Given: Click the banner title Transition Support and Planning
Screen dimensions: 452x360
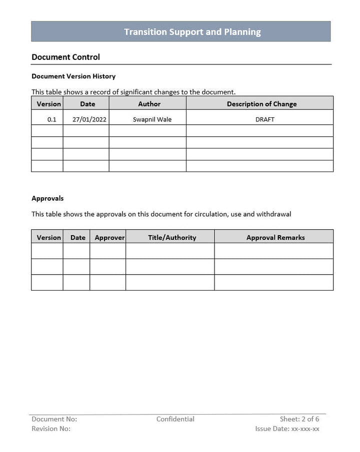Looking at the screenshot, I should [x=192, y=32].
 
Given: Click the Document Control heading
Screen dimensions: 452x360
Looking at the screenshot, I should [x=65, y=57].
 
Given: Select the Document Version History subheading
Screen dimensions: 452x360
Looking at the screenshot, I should [x=73, y=76].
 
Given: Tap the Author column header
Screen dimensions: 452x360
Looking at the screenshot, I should [x=149, y=104].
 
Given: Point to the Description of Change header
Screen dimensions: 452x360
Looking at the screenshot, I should [x=261, y=104].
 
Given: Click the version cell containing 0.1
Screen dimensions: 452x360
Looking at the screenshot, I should [x=52, y=119].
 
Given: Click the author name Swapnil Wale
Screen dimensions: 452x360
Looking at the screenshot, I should [x=152, y=119].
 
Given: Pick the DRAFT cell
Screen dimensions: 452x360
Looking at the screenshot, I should [x=264, y=119].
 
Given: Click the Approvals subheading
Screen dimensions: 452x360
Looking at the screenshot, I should [x=47, y=198].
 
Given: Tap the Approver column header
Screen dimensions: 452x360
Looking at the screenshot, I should [x=109, y=238].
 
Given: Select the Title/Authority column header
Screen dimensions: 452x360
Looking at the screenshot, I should [x=172, y=238].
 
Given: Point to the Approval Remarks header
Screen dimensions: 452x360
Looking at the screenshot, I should [x=275, y=238].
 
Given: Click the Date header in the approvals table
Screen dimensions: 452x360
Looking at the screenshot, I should [x=78, y=238].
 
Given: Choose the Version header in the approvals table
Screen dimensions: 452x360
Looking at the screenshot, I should [x=49, y=238].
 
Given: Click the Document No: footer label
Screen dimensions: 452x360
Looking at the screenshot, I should [x=54, y=419].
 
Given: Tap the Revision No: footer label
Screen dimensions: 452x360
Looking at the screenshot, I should [x=51, y=429].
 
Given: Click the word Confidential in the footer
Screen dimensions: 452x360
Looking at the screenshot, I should [x=175, y=419].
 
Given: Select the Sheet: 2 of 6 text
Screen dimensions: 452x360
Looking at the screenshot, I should [x=299, y=419].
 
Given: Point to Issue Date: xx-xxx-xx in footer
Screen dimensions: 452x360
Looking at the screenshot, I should [x=287, y=429].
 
